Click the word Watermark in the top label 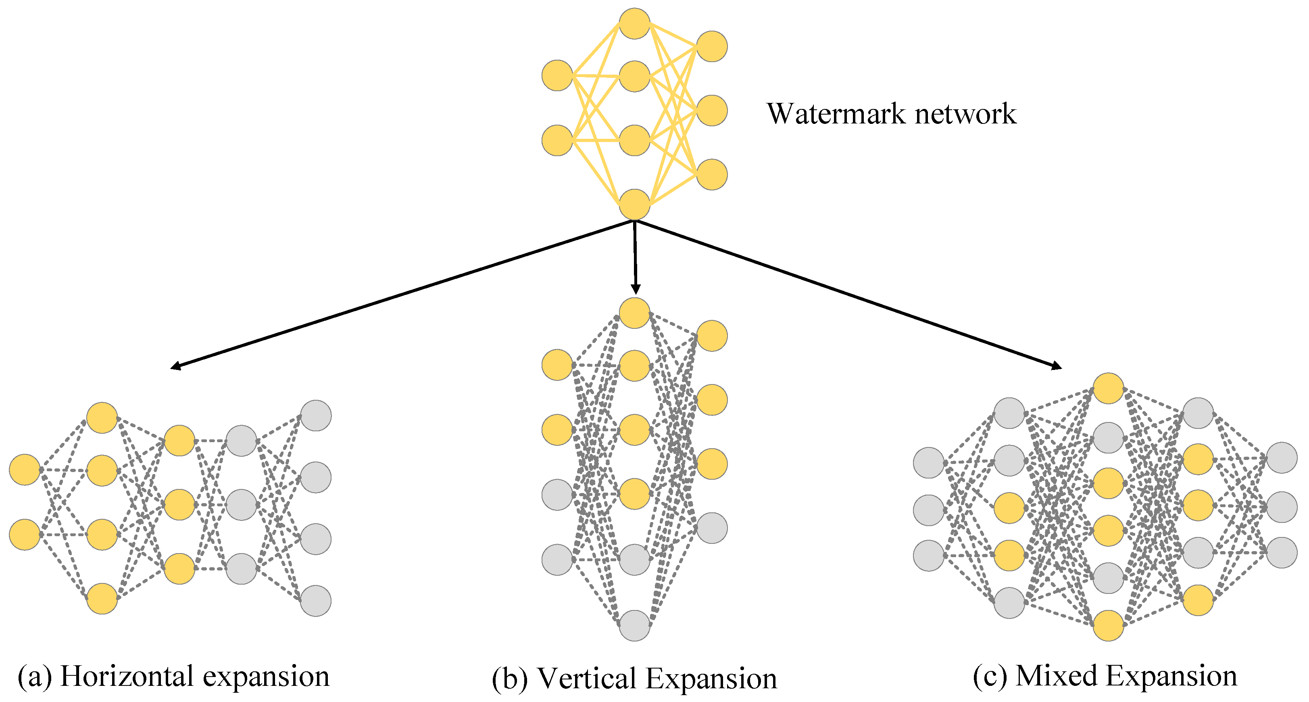tap(836, 113)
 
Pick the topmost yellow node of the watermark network tap(634, 23)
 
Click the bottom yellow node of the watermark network tap(634, 205)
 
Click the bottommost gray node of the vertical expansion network tap(634, 625)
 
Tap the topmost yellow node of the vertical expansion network tap(634, 313)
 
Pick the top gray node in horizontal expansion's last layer tap(316, 415)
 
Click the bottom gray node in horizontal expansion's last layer tap(316, 601)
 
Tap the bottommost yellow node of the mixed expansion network tap(1108, 625)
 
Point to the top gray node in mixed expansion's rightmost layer tap(1282, 458)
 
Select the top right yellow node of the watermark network tap(711, 46)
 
